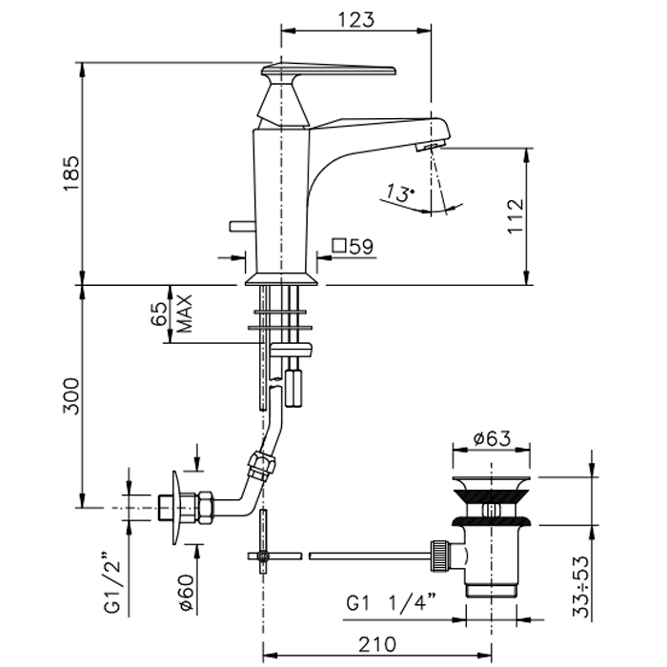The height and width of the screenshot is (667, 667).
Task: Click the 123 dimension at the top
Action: [356, 20]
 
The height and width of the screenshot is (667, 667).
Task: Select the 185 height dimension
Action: [71, 173]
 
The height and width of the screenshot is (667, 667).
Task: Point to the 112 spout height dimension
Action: [515, 215]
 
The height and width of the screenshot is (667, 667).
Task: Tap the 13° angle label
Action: [399, 193]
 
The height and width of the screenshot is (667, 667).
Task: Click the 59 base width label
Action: [361, 247]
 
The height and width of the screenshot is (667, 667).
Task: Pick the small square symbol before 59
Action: [338, 246]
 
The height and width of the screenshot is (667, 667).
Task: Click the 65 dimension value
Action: [159, 313]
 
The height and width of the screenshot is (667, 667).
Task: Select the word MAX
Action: [184, 313]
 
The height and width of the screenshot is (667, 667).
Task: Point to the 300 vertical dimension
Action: [71, 396]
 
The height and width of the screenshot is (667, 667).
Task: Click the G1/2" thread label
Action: [112, 582]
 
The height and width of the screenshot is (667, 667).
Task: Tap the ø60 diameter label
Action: [187, 593]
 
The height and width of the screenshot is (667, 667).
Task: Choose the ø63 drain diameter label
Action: [493, 438]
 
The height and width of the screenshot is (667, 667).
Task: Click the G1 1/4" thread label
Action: [392, 603]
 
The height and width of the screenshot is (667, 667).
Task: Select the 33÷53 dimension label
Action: [581, 586]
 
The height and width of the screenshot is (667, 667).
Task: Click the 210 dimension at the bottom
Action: [377, 644]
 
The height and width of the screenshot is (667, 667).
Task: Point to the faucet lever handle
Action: [329, 71]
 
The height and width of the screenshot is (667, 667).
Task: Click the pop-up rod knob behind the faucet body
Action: [242, 227]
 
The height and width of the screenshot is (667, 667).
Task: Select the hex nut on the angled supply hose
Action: [262, 465]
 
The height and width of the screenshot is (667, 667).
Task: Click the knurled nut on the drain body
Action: [440, 556]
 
